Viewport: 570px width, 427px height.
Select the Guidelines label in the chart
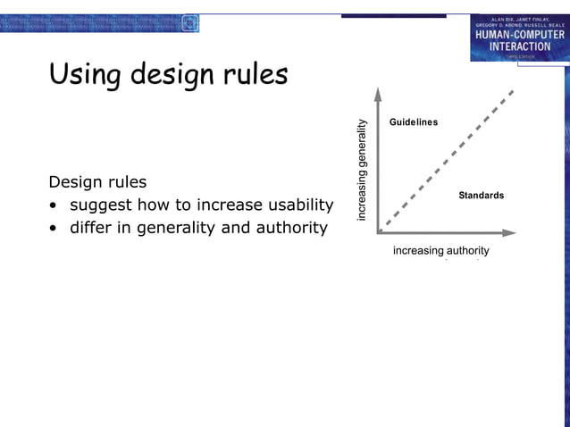point(413,121)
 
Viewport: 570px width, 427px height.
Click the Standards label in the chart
point(481,196)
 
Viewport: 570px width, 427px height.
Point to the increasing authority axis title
point(440,251)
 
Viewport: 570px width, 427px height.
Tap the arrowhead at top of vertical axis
point(379,92)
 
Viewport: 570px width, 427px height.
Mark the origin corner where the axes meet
point(379,232)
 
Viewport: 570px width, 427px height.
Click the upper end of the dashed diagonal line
point(513,91)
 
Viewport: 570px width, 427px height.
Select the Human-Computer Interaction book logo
point(519,38)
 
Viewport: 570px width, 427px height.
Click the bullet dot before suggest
point(55,206)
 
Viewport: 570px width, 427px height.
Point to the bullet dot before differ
point(55,229)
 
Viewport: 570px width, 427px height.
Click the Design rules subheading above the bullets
point(97,182)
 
